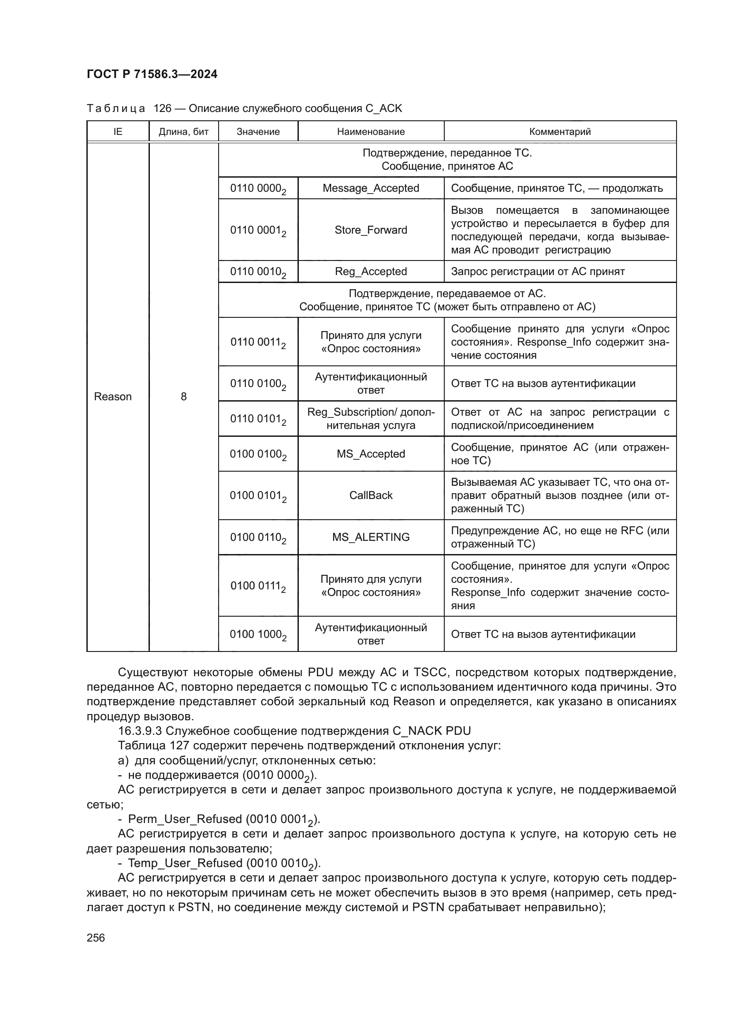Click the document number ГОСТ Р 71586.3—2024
tap(152, 74)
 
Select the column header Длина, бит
tap(184, 131)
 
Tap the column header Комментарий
tap(560, 131)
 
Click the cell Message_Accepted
tap(371, 188)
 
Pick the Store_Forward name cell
tap(371, 230)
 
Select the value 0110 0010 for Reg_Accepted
tap(258, 272)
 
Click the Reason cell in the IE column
tap(113, 397)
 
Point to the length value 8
tap(184, 397)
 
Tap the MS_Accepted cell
tap(371, 454)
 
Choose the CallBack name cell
tap(371, 495)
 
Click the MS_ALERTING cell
tap(371, 537)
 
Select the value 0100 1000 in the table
tap(258, 634)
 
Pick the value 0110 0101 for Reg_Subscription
tap(258, 419)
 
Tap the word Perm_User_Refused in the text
tap(185, 819)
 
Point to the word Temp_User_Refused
tap(185, 863)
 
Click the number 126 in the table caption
tap(163, 108)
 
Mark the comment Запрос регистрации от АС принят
tap(538, 272)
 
